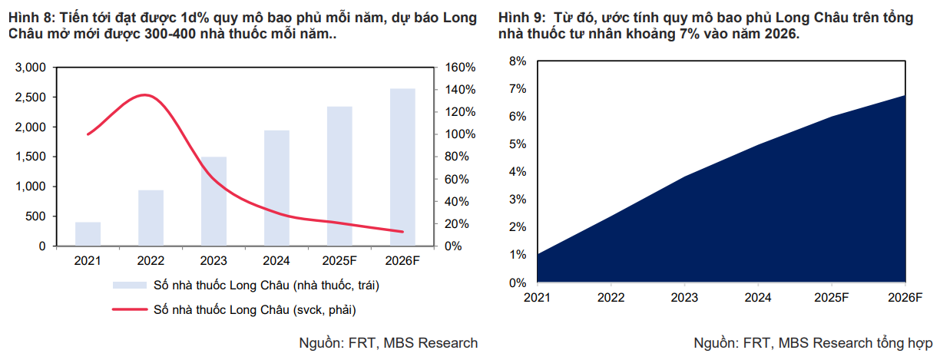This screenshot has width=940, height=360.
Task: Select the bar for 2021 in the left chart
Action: [x=88, y=234]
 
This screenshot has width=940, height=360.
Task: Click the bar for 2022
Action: [x=151, y=218]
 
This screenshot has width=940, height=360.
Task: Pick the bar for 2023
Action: [x=214, y=201]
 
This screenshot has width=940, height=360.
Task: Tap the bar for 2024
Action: [x=277, y=188]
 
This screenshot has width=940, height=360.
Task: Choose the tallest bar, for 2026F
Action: [x=402, y=167]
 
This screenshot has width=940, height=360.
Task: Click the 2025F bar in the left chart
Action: [x=339, y=177]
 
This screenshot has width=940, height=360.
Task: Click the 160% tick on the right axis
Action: [x=461, y=68]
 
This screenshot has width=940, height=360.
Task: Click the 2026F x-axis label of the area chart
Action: [x=905, y=297]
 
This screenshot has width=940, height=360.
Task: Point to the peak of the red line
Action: [x=144, y=95]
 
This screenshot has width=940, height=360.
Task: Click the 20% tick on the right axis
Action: [x=458, y=224]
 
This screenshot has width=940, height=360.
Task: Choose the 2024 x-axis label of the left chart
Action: [x=277, y=261]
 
